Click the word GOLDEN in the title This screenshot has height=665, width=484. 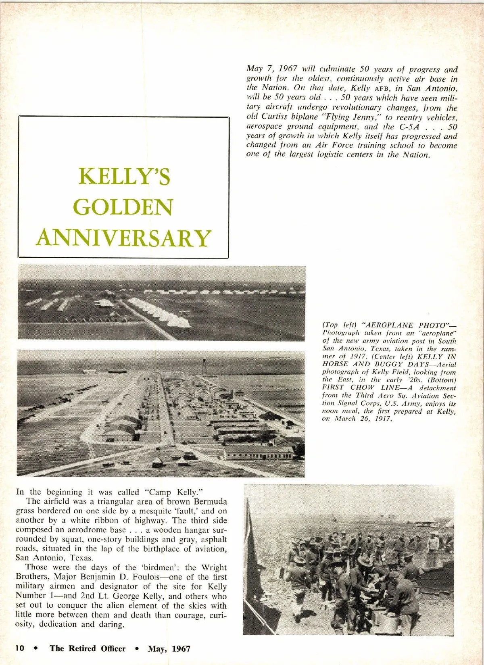124,207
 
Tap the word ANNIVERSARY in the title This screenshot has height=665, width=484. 124,238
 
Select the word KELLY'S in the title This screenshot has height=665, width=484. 124,177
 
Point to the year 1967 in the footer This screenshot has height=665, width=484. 181,648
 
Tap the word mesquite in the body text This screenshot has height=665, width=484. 147,511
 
